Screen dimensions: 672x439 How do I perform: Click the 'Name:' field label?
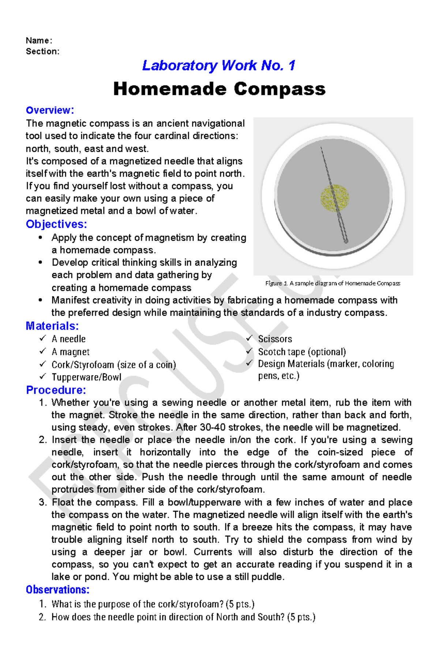(x=39, y=40)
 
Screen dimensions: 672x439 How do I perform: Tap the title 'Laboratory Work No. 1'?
(x=218, y=66)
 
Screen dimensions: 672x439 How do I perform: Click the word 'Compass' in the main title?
(x=279, y=89)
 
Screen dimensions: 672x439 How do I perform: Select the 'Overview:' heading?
(x=50, y=110)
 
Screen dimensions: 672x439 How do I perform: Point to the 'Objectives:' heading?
(x=56, y=224)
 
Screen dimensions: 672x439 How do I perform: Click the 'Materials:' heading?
(x=52, y=326)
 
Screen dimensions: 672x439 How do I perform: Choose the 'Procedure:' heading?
(x=56, y=390)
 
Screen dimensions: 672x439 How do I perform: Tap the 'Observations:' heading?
(x=57, y=590)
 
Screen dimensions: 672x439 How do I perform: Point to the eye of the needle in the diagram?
(x=345, y=241)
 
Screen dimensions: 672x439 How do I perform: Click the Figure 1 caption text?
(x=333, y=283)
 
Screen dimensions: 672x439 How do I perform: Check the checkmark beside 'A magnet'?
(x=43, y=351)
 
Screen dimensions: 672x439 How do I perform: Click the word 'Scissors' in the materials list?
(x=275, y=339)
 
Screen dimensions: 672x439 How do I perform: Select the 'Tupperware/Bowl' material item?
(x=86, y=377)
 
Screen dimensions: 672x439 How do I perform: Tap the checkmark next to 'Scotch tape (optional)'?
(x=249, y=351)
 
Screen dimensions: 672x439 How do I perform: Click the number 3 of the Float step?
(x=42, y=502)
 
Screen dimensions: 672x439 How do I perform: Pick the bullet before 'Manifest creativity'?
(x=41, y=300)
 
